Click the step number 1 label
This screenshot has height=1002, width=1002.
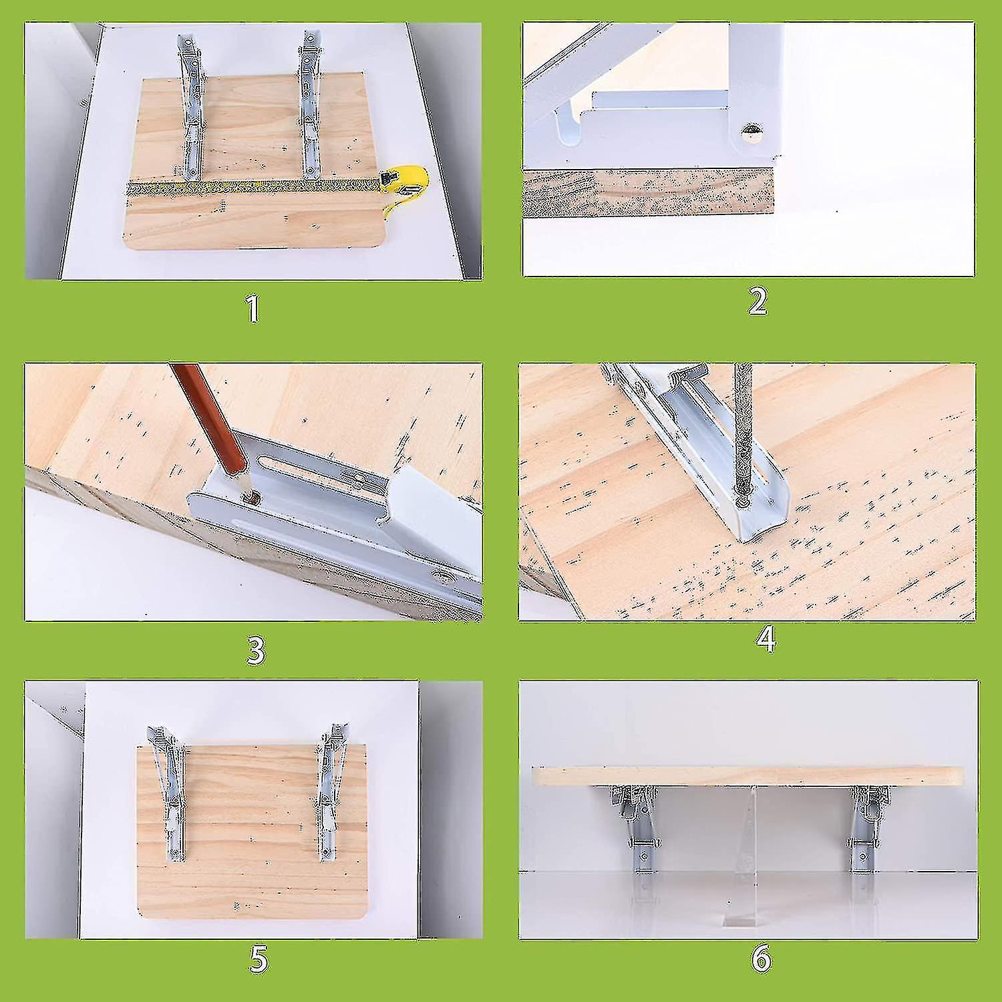[x=253, y=309]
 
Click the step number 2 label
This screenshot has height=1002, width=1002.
[x=758, y=302]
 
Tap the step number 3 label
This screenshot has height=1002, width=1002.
[x=256, y=651]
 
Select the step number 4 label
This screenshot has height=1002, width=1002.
[x=766, y=639]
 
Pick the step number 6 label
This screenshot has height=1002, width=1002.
[x=761, y=959]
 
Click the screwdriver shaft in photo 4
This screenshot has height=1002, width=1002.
[x=743, y=428]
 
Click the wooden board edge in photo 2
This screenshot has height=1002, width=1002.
[x=648, y=194]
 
